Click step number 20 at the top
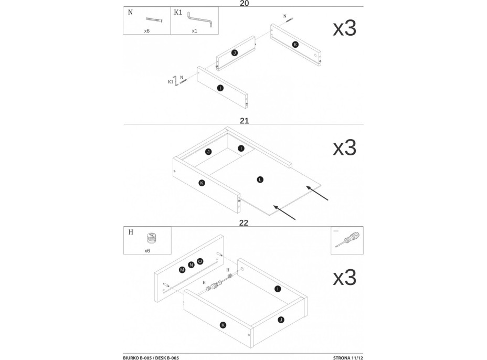point(243,3)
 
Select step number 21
point(243,121)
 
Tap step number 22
point(243,223)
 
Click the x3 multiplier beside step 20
point(345,29)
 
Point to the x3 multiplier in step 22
point(345,277)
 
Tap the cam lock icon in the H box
point(151,239)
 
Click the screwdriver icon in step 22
point(347,239)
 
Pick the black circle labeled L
point(260,180)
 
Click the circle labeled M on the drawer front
point(182,270)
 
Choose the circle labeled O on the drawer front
point(200,261)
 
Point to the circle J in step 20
point(235,53)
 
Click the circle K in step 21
point(202,183)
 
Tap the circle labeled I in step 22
point(278,289)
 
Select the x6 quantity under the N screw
point(147,31)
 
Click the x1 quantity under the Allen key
point(194,31)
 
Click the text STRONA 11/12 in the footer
point(348,357)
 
